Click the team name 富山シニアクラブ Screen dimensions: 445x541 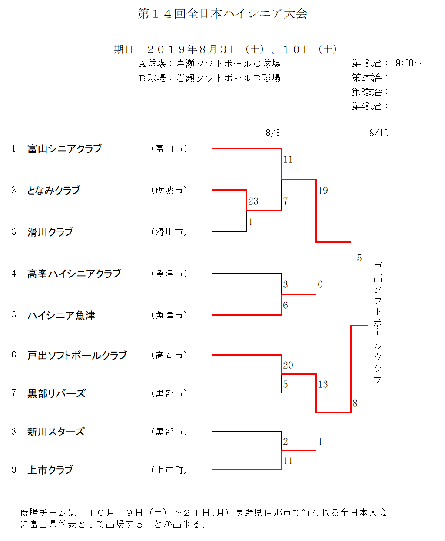point(64,149)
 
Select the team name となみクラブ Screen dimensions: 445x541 point(53,190)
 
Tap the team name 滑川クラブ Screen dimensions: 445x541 point(50,232)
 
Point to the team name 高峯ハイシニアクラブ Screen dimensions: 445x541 point(74,274)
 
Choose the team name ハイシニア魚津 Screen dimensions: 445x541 point(61,315)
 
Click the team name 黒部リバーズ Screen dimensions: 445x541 point(56,393)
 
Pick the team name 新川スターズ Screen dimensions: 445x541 point(56,432)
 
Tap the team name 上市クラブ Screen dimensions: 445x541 point(50,470)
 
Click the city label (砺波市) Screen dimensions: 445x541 point(169,190)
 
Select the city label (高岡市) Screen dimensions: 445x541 point(169,356)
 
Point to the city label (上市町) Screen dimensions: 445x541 point(169,470)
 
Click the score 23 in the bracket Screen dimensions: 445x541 point(253,201)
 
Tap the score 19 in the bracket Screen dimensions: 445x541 point(323,191)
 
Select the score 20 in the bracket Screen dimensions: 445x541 point(288,365)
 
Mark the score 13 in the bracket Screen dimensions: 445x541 point(323,384)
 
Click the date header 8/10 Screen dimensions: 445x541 point(379,133)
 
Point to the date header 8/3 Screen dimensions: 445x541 point(273,133)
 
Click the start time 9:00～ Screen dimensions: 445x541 point(408,63)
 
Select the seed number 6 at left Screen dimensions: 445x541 point(14,355)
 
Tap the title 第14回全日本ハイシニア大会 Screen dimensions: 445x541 point(222,13)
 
